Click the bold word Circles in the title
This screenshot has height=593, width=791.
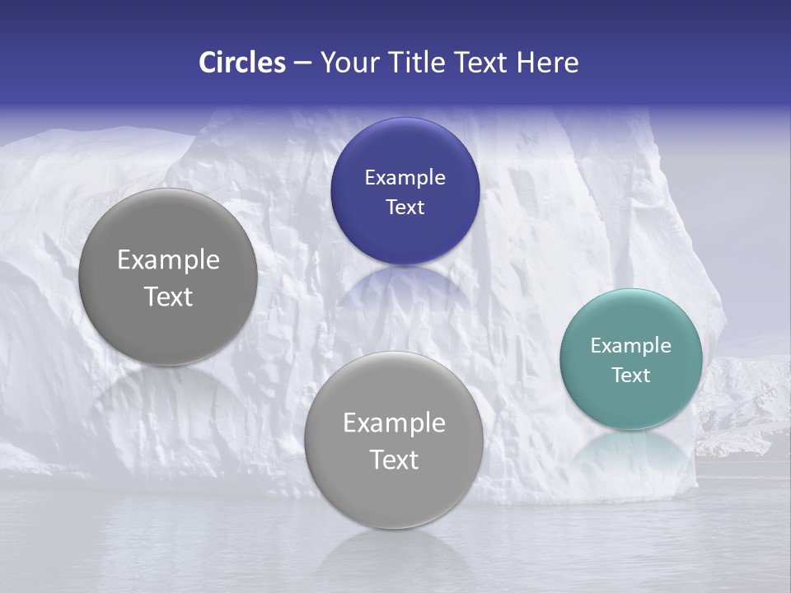click(241, 63)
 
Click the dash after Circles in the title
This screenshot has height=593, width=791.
click(302, 63)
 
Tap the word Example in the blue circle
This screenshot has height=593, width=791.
click(405, 178)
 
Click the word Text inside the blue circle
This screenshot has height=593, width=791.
click(405, 208)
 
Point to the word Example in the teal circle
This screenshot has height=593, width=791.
click(631, 346)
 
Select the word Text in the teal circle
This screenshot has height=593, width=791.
click(631, 376)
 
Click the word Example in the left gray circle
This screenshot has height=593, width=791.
click(168, 260)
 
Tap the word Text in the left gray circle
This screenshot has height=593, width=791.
click(168, 297)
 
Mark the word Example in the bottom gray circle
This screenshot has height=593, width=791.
click(394, 423)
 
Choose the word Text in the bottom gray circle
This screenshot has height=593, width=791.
click(394, 460)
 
